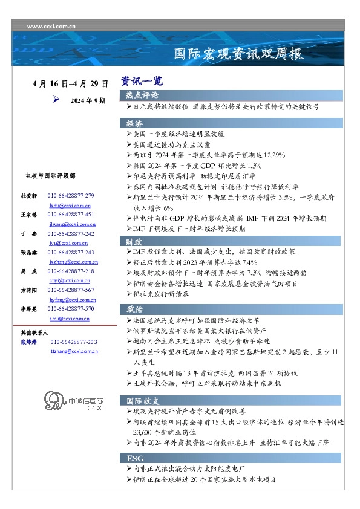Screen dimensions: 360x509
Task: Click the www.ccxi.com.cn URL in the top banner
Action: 51,27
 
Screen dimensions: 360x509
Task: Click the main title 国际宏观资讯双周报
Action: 238,54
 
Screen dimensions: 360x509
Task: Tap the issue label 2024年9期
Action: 88,100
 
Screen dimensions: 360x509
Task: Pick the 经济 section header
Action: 134,123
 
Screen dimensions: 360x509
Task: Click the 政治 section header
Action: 134,309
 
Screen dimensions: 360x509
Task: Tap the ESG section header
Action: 136,459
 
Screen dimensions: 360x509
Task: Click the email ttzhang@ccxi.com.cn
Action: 74,351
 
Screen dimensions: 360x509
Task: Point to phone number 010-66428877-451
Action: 71,215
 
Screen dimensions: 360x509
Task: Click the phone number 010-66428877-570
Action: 71,309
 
